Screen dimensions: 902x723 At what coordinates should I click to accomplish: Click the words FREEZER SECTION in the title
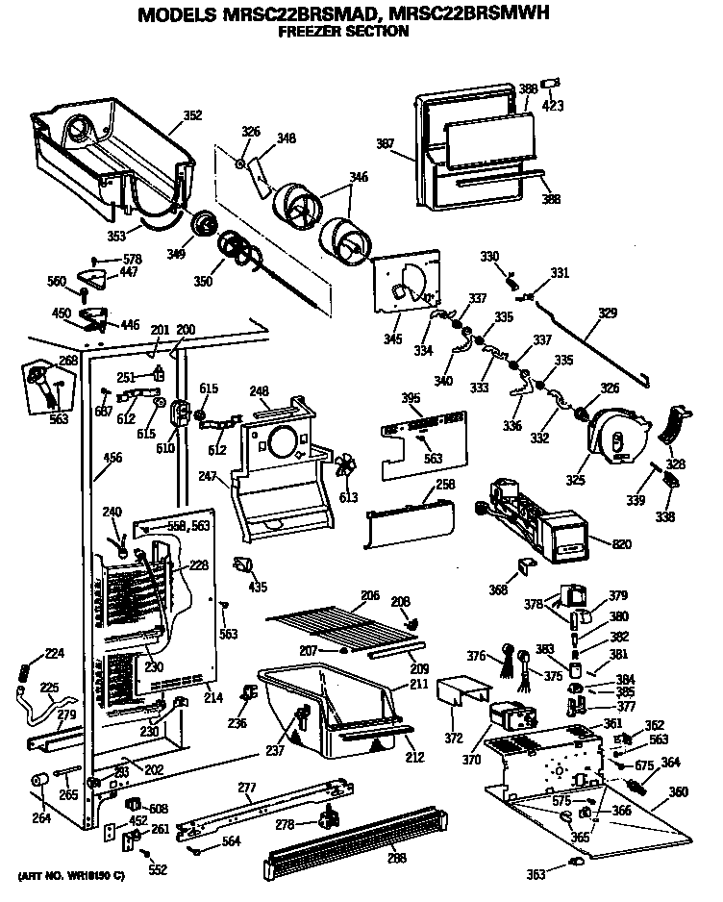(342, 31)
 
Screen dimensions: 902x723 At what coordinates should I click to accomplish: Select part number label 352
(192, 115)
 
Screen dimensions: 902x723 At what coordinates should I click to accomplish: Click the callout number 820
(622, 545)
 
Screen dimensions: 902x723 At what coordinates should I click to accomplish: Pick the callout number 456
(112, 458)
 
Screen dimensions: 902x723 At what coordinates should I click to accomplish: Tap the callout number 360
(679, 792)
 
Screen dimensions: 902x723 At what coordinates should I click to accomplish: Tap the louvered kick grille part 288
(356, 842)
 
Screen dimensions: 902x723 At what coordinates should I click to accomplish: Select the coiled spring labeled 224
(26, 666)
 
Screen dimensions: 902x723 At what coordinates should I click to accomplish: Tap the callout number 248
(258, 390)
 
